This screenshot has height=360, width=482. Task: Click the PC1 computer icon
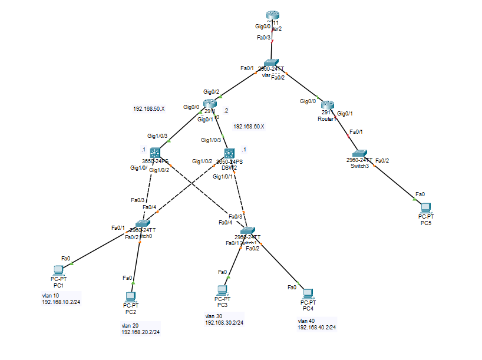58,269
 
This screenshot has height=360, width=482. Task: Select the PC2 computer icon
130,296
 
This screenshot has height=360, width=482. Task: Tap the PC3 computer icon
222,289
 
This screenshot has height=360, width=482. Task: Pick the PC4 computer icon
306,293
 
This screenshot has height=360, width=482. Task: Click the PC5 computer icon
424,207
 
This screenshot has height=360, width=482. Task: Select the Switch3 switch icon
359,153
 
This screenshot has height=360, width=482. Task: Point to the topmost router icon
273,16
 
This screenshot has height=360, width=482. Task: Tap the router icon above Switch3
327,105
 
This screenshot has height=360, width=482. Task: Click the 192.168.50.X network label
150,109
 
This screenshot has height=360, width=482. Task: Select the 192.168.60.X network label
249,127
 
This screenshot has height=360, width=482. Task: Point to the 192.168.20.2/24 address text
140,332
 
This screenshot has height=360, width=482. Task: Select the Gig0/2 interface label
212,92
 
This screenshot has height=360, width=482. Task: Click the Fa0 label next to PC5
420,194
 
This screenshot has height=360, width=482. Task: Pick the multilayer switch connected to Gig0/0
155,152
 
